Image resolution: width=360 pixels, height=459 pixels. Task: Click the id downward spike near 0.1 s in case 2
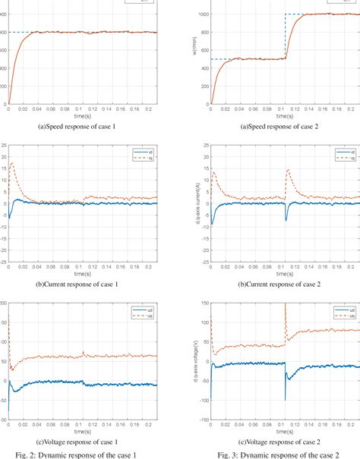286,219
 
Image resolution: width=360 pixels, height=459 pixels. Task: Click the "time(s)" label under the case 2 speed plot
284,116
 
